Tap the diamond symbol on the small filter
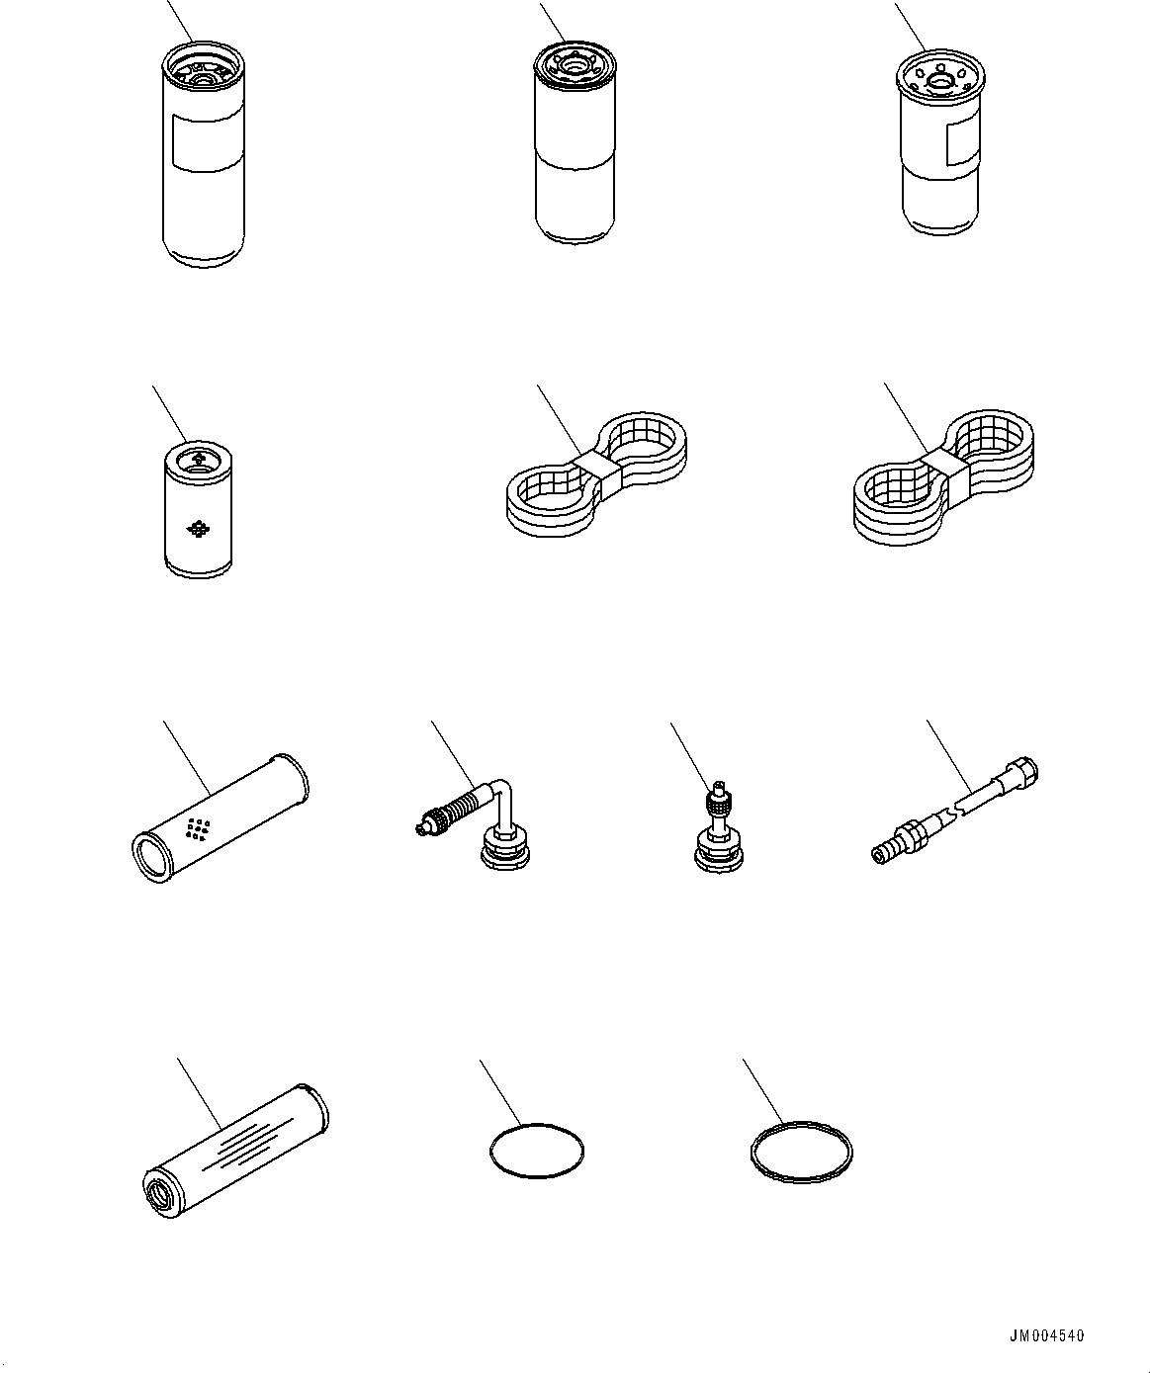[198, 528]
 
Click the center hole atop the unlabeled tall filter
[574, 68]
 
